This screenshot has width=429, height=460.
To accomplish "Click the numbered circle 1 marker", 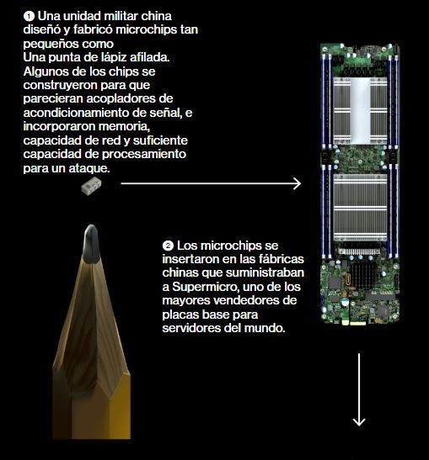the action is pos(29,16).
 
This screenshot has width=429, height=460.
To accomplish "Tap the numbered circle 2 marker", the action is pos(168,246).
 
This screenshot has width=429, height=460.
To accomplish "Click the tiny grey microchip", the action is pos(91,186).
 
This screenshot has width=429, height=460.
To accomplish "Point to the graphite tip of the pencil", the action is pos(91,244).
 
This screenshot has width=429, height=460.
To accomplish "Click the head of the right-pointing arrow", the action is pos(297,183).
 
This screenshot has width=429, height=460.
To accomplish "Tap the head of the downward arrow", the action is pos(359,422).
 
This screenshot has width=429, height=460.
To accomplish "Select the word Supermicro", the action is pos(206,287).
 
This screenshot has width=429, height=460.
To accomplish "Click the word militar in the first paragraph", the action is pos(121,16).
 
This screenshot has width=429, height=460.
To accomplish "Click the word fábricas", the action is pos(282,259).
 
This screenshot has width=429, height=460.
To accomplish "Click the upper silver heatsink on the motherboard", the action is pos(360,111).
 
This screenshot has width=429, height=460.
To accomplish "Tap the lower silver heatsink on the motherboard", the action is pos(360,208).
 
